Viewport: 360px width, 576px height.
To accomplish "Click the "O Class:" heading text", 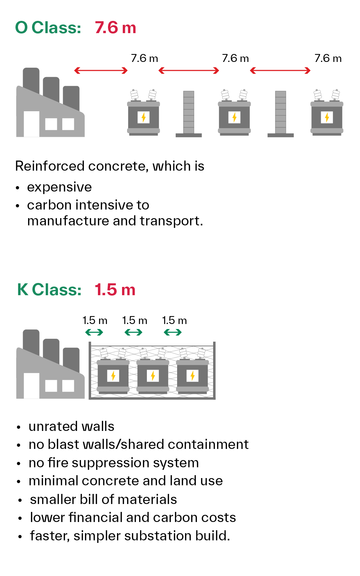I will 48,28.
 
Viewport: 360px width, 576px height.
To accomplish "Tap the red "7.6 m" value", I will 115,28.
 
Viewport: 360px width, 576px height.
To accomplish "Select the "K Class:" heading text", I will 49,289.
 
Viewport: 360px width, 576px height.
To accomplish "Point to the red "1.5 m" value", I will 114,289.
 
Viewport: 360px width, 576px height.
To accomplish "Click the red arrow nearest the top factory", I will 101,71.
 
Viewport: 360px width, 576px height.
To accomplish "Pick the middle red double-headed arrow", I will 189,71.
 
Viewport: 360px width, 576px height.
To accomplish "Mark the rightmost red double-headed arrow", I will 280,71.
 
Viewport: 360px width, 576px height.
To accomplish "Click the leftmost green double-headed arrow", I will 94,332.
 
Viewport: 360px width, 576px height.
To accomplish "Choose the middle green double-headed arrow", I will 133,332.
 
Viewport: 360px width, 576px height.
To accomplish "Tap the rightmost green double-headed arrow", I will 172,332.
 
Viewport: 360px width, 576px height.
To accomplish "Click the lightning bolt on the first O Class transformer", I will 143,117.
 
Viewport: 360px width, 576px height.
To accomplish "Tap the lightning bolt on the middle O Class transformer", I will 234,117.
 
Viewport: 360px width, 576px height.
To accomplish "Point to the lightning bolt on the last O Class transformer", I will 327,117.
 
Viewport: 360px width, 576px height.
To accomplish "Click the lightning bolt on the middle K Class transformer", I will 153,376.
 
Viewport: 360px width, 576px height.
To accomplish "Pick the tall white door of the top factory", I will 31,124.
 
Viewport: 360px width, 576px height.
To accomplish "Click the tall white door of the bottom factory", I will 31,386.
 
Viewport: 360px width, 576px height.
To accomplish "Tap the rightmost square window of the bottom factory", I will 68,386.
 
